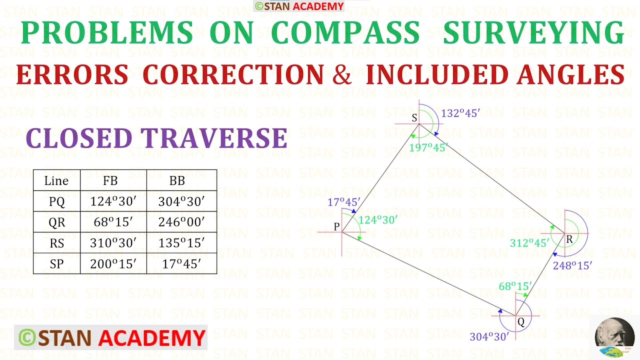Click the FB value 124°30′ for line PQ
click(113, 201)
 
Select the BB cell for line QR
click(181, 222)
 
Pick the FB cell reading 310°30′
click(113, 243)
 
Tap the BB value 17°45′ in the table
click(181, 264)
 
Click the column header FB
click(110, 181)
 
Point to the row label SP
click(56, 264)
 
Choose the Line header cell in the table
click(56, 181)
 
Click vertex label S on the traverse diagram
click(414, 118)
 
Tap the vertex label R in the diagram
click(569, 240)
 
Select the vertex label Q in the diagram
click(521, 322)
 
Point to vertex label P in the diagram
click(336, 226)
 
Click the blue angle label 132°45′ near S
click(460, 113)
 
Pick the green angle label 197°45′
click(428, 147)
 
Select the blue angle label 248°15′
click(572, 265)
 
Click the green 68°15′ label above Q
click(514, 286)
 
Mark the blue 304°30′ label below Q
click(489, 337)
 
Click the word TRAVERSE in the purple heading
click(214, 138)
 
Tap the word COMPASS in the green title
click(345, 33)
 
